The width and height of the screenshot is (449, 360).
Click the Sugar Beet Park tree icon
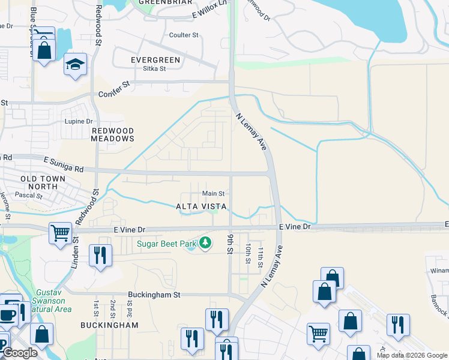coord(206,243)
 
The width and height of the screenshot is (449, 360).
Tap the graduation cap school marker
coord(76,65)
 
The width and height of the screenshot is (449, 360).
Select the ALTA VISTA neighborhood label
coord(201,206)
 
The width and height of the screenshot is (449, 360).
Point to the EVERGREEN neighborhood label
coord(155,60)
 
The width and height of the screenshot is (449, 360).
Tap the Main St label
coord(213,193)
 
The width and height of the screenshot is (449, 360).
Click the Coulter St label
coord(184,35)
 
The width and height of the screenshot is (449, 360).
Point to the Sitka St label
coord(154,68)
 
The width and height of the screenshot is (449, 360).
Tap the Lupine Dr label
coord(79,121)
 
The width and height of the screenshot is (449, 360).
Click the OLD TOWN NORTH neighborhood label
coord(39,183)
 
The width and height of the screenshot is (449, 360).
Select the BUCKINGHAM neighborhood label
coord(109,325)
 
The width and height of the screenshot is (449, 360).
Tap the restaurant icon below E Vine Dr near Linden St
coord(100,256)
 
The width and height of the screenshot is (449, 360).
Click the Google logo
coord(19,353)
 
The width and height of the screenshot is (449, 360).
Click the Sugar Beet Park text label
coord(166,244)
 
